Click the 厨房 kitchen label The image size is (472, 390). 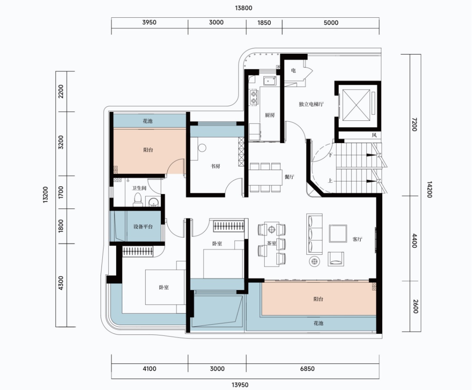point(270,115)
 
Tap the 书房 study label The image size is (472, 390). point(215,166)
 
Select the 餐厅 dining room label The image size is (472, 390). point(289,176)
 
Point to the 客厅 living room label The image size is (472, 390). point(357,239)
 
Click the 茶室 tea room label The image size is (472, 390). point(272,243)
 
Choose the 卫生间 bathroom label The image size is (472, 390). point(139,188)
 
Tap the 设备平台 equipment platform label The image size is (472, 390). point(143,227)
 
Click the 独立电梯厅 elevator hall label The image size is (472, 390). point(311,104)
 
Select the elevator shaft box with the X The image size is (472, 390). point(357,104)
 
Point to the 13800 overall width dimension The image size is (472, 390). point(243,8)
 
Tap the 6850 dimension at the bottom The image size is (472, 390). point(307,369)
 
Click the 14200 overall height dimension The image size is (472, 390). point(429,189)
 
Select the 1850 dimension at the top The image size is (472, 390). point(264,23)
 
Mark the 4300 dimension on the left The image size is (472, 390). point(61,283)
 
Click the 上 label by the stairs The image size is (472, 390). point(330,181)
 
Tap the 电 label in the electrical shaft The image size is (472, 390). point(294,70)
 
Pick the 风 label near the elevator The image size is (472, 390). point(374,135)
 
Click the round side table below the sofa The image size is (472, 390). point(315,261)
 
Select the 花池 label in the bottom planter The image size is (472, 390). point(318,323)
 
